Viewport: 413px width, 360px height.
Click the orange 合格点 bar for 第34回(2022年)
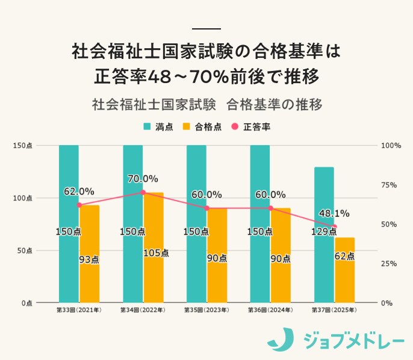point(153,247)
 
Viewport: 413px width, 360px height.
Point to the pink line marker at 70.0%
point(143,193)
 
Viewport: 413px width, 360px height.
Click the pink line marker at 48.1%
point(334,226)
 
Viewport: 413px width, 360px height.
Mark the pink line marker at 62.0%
point(79,205)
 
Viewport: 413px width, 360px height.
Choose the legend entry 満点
point(158,127)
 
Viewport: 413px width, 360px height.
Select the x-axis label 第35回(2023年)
point(206,310)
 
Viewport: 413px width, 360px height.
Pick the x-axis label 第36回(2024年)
point(270,310)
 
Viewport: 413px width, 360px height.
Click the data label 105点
point(156,253)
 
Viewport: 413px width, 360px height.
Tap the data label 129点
point(324,232)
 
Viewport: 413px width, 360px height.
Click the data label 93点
point(89,259)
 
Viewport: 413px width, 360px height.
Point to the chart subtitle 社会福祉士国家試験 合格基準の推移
point(207,104)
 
